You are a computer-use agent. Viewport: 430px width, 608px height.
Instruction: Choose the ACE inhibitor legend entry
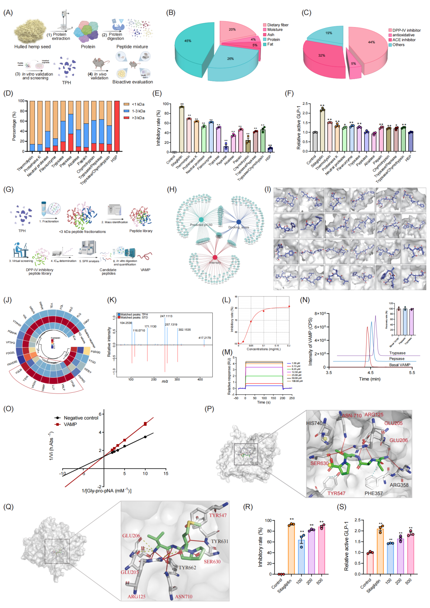tap(404, 40)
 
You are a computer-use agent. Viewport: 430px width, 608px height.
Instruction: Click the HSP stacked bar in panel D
tap(117, 126)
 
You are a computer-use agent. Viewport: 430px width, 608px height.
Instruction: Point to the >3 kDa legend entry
tap(138, 118)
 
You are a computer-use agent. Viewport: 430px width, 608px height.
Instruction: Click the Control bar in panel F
tap(315, 142)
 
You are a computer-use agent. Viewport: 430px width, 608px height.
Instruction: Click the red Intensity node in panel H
tap(215, 258)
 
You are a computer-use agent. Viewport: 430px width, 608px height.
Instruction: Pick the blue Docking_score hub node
tap(239, 222)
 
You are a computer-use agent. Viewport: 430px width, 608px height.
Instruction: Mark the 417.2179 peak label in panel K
tap(204, 338)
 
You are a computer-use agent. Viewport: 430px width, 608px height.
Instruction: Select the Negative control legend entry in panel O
tap(81, 418)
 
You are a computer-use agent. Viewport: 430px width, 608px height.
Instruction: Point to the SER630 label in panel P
tap(319, 463)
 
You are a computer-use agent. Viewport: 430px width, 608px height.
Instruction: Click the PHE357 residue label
tap(373, 493)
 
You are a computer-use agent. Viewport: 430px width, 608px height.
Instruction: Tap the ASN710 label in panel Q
tap(184, 596)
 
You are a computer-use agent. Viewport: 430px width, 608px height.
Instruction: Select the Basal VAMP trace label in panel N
tap(399, 365)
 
